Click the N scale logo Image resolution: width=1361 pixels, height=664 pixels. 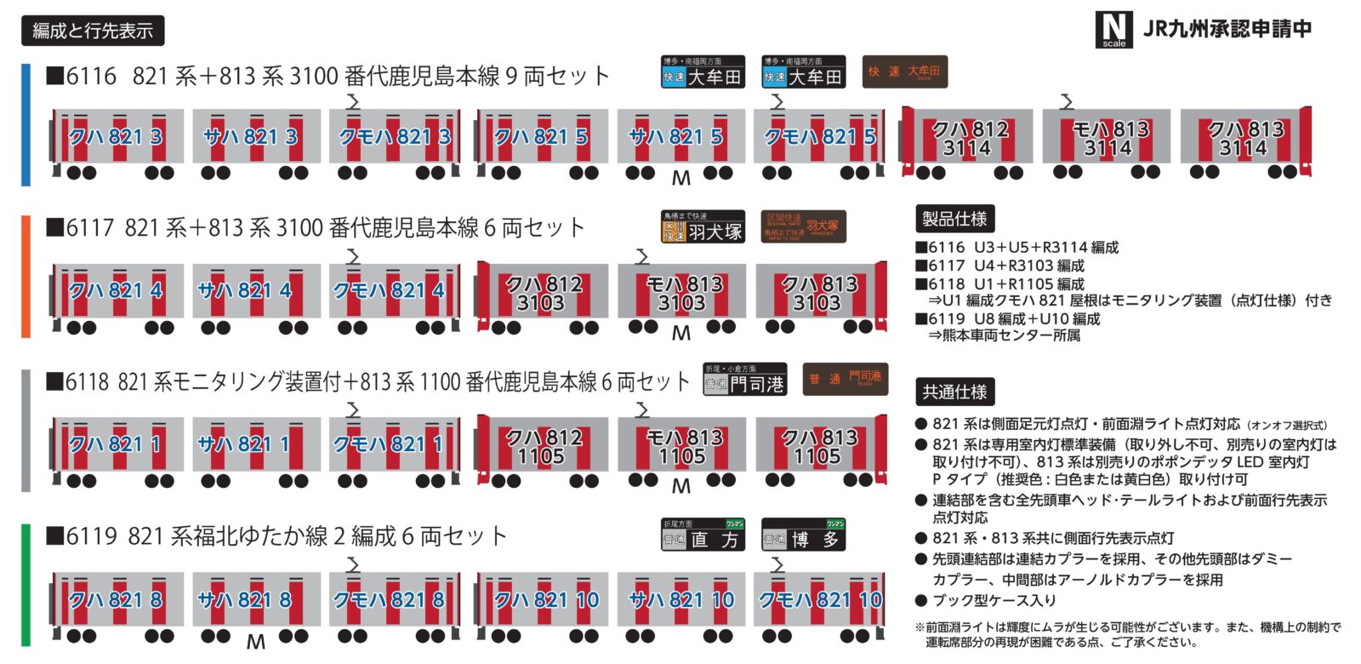(x=1113, y=30)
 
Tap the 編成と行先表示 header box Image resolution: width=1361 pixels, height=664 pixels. (x=92, y=31)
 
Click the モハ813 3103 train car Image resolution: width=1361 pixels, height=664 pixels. (x=682, y=294)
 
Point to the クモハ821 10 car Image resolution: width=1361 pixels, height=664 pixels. (x=820, y=601)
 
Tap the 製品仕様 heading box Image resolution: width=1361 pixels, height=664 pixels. (x=954, y=219)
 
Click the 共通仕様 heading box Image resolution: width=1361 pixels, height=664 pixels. (x=954, y=392)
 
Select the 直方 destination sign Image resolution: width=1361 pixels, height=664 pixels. (x=703, y=535)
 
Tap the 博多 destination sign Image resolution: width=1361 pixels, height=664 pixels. (x=803, y=535)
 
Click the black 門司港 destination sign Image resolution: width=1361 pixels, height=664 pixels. (x=744, y=380)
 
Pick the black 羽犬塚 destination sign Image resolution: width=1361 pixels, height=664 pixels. (x=703, y=226)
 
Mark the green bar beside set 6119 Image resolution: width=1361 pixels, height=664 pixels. (x=26, y=586)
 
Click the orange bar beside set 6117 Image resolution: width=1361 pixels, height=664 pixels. (x=26, y=277)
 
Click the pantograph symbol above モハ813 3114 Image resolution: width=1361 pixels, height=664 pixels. (x=1067, y=102)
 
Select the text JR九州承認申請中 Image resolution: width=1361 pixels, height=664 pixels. (x=1227, y=29)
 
